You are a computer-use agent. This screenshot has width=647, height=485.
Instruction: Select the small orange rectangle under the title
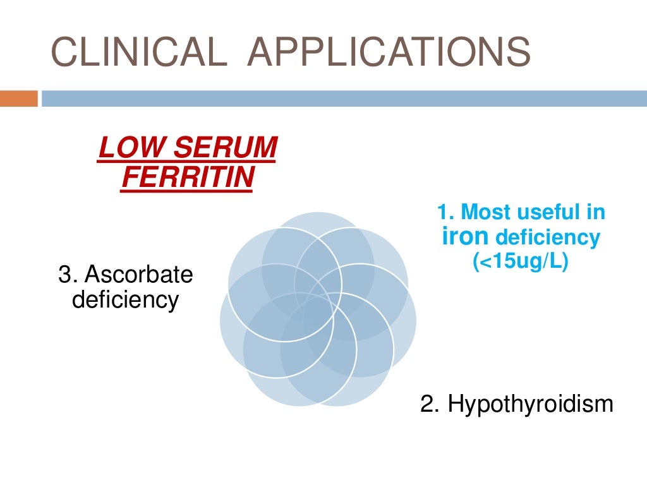click(19, 99)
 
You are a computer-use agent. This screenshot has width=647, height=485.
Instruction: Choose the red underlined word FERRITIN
click(188, 177)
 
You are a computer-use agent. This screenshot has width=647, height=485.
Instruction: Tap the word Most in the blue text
click(483, 212)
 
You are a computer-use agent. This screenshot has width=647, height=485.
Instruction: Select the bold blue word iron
click(466, 237)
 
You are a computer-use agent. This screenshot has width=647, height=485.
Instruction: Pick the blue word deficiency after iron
click(547, 238)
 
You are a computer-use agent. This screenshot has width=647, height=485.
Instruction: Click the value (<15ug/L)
click(521, 261)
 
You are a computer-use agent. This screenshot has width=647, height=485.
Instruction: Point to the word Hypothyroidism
click(530, 404)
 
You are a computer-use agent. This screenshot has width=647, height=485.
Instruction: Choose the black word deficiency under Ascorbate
click(125, 299)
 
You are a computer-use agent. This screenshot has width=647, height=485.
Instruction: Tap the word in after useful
click(595, 212)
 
